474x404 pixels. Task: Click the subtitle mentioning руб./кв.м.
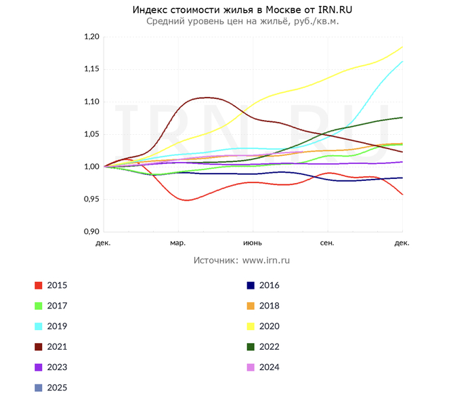(x=242, y=21)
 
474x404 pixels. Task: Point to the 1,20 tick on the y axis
(x=91, y=37)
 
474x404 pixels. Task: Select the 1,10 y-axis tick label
(x=91, y=102)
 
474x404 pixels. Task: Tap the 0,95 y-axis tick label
(x=91, y=199)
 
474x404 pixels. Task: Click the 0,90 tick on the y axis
(x=91, y=232)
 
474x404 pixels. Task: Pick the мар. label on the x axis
(x=178, y=242)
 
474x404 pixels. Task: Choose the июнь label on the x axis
(x=253, y=242)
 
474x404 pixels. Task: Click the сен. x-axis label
(x=327, y=242)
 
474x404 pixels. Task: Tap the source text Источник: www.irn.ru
(x=242, y=260)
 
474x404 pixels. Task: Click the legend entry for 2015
(x=57, y=285)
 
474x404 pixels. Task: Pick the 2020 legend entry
(x=269, y=326)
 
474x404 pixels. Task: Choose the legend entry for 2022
(x=269, y=346)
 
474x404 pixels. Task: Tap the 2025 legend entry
(x=57, y=388)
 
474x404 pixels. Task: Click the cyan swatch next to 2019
(x=39, y=326)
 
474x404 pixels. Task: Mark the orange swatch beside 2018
(x=251, y=306)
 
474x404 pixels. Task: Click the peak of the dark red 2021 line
(x=207, y=98)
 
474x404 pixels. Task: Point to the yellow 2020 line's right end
(x=402, y=47)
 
